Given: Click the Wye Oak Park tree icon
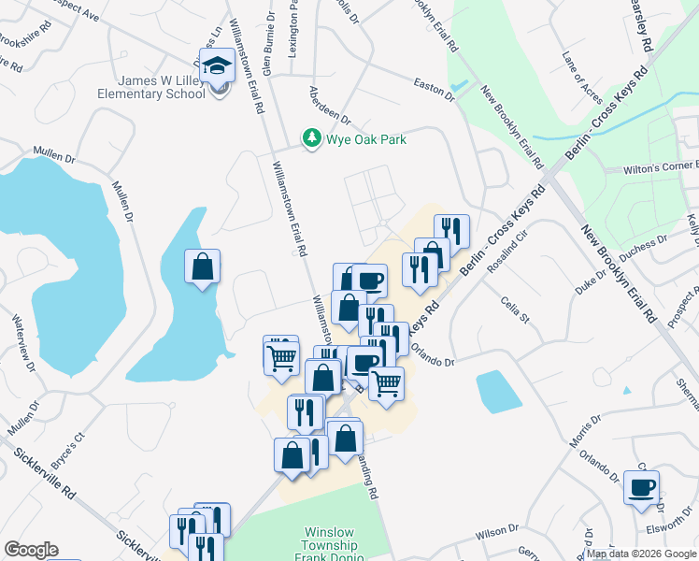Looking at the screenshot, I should click(311, 138).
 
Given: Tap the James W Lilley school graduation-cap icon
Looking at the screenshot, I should click(218, 68).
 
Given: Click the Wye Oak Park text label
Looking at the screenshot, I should click(365, 139).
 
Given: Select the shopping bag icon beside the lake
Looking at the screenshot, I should click(203, 267).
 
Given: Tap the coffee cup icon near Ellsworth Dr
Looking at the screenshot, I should click(642, 487).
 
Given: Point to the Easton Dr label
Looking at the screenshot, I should click(434, 85).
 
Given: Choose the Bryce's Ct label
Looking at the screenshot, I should click(67, 451).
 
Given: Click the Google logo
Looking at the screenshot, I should click(31, 550).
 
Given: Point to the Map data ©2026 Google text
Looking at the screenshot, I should click(641, 554).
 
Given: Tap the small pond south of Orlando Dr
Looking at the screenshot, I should click(498, 392).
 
